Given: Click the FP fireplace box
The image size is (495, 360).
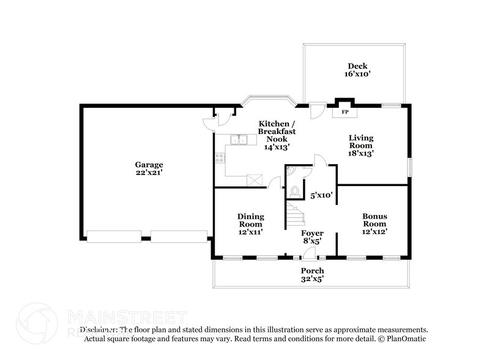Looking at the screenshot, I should [x=344, y=112].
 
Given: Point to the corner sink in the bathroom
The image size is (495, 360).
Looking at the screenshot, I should [x=291, y=170].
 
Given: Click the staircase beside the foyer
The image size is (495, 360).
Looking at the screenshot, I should [x=296, y=216].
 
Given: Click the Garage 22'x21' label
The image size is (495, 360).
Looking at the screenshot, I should [x=149, y=168].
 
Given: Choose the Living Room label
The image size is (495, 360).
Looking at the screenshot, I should [x=361, y=146].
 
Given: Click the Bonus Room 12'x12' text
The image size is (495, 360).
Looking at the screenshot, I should [x=374, y=224].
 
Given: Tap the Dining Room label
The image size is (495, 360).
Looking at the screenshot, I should [x=250, y=224].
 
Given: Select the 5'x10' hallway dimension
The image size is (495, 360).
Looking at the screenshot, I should [x=321, y=195].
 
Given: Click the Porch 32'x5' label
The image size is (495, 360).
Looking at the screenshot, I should [x=312, y=274].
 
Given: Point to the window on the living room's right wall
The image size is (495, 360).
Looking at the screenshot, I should [x=409, y=167].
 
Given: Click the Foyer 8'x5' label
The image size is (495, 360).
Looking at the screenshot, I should [x=312, y=237].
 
